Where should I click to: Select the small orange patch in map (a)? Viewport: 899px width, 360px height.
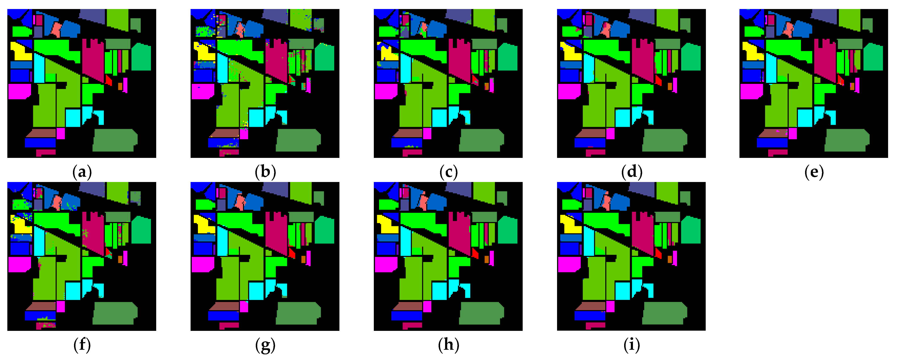(x=120, y=86)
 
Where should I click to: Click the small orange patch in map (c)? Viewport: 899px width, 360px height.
(x=486, y=86)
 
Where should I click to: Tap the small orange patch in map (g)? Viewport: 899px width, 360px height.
(x=303, y=259)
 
